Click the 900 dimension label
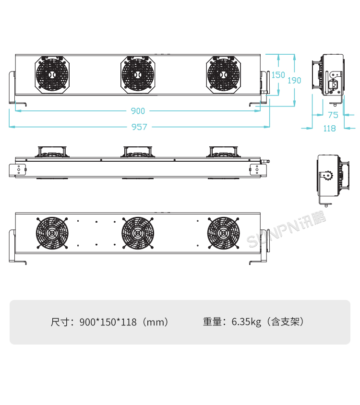[x=138, y=111]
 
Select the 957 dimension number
[x=139, y=127]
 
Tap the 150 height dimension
[x=278, y=75]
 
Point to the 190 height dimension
[x=294, y=80]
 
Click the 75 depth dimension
[x=333, y=115]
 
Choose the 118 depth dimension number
[x=329, y=128]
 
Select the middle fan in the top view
[x=138, y=75]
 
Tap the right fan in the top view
[x=223, y=75]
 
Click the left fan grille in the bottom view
[x=51, y=233]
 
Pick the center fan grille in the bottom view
[x=138, y=233]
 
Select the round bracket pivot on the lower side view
[x=329, y=176]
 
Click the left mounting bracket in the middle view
[x=19, y=169]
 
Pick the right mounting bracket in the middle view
[x=256, y=169]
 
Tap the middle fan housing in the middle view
[x=138, y=152]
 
